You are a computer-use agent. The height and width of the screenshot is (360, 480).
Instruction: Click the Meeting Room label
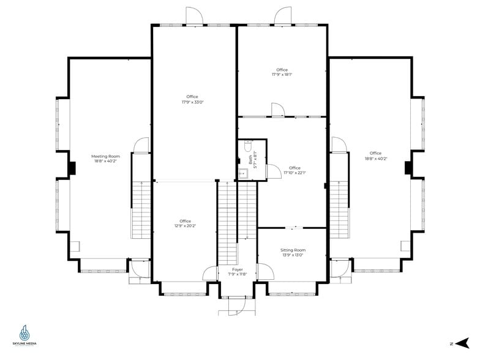pyautogui.click(x=106, y=156)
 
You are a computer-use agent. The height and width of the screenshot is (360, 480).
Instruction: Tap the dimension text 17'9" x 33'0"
pyautogui.click(x=192, y=102)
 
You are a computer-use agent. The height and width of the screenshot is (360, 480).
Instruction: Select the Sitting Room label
pyautogui.click(x=293, y=250)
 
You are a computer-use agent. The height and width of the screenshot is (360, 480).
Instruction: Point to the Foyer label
pyautogui.click(x=238, y=269)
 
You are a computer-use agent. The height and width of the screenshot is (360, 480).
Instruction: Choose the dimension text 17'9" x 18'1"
pyautogui.click(x=282, y=75)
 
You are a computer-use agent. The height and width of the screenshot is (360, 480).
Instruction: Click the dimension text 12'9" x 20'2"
pyautogui.click(x=185, y=226)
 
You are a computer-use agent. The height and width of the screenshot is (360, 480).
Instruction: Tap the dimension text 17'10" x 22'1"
pyautogui.click(x=295, y=173)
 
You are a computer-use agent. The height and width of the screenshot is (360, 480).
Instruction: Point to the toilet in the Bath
pyautogui.click(x=247, y=146)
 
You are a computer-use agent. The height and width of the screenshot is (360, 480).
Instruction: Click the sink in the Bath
pyautogui.click(x=242, y=173)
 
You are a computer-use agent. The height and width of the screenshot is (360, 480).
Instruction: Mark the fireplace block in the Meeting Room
pyautogui.click(x=72, y=167)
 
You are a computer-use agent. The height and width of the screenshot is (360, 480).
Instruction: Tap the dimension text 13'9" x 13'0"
pyautogui.click(x=293, y=255)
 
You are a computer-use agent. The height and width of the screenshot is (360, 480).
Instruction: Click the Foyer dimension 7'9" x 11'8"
pyautogui.click(x=238, y=274)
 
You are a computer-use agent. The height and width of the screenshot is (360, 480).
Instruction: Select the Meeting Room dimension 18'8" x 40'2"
pyautogui.click(x=106, y=161)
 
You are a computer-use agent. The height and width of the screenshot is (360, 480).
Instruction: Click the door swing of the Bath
pyautogui.click(x=272, y=171)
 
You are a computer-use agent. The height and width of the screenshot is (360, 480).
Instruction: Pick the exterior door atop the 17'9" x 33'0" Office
pyautogui.click(x=193, y=17)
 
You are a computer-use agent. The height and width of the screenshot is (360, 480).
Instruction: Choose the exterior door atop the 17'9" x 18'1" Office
pyautogui.click(x=283, y=17)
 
